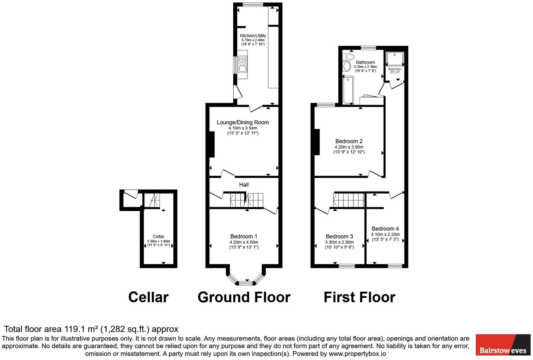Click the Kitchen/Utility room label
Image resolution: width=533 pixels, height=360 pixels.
pyautogui.click(x=253, y=36)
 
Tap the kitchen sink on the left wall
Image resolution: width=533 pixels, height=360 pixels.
pyautogui.click(x=242, y=66)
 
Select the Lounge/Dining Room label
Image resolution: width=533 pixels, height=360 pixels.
pyautogui.click(x=242, y=123)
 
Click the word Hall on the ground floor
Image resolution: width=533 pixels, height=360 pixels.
pyautogui.click(x=244, y=185)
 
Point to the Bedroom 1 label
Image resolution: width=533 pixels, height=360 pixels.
pyautogui.click(x=243, y=236)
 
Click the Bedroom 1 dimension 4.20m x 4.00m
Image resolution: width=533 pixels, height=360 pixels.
pyautogui.click(x=243, y=242)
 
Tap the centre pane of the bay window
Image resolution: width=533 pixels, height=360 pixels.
pyautogui.click(x=245, y=283)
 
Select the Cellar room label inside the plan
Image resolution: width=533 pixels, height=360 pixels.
pyautogui.click(x=158, y=236)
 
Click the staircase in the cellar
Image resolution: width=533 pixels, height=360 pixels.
pyautogui.click(x=151, y=201)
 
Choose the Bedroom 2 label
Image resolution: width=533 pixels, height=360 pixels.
pyautogui.click(x=349, y=141)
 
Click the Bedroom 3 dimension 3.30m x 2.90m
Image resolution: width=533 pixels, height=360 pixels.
pyautogui.click(x=339, y=242)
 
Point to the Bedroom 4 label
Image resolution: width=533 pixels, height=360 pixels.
pyautogui.click(x=385, y=229)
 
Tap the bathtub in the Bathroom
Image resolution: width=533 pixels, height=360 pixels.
pyautogui.click(x=348, y=90)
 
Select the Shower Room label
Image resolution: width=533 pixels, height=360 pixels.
pyautogui.click(x=395, y=69)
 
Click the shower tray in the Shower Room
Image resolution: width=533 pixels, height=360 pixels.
pyautogui.click(x=395, y=59)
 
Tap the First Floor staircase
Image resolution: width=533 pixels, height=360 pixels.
pyautogui.click(x=349, y=200)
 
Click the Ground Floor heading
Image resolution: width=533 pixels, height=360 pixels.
pyautogui.click(x=244, y=297)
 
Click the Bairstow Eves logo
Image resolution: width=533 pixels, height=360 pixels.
pyautogui.click(x=503, y=345)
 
